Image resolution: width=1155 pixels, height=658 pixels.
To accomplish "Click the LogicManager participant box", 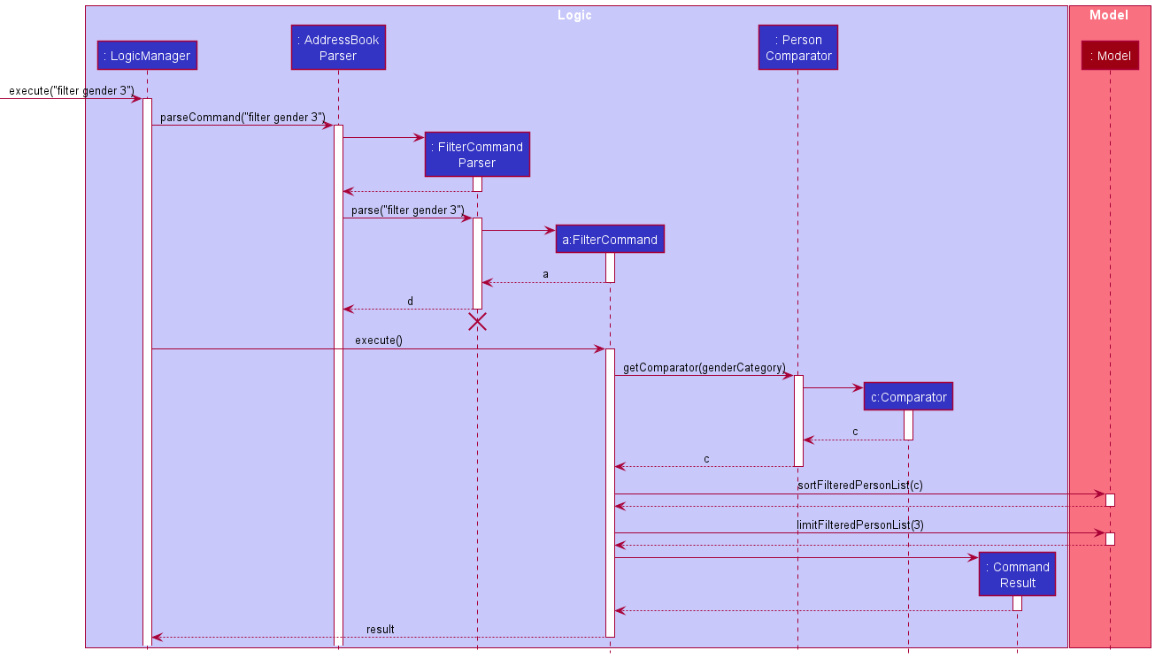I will tap(147, 56).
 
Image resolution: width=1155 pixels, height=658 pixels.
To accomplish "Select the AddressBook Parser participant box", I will tap(338, 48).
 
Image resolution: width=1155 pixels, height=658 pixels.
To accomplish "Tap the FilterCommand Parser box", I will tap(477, 155).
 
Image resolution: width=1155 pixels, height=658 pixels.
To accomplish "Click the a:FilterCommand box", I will tap(610, 240).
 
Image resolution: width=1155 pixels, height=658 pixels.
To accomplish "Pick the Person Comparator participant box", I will tap(798, 48).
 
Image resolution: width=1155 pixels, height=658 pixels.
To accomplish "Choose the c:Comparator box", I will tap(908, 397).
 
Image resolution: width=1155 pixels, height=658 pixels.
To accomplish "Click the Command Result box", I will tap(1017, 575).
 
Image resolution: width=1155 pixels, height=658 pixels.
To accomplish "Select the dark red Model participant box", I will tap(1110, 56).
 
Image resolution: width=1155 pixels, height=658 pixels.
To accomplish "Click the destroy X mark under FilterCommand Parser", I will tap(477, 322).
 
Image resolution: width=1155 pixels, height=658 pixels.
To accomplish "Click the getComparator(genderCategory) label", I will tap(705, 366).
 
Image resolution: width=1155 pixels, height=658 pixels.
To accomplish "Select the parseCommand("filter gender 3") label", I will tap(243, 117).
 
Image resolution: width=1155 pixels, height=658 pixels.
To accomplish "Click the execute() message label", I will tap(379, 340).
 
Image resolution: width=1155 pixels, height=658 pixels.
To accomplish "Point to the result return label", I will tap(381, 629).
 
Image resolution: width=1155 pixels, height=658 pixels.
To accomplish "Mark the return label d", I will tap(410, 301).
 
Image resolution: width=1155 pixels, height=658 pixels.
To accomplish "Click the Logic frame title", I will tap(575, 15).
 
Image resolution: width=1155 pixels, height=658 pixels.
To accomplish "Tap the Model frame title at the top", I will tap(1109, 15).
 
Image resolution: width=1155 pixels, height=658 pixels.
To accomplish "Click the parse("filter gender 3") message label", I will tap(407, 210).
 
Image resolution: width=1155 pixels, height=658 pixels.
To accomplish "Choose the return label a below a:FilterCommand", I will tap(545, 274).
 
